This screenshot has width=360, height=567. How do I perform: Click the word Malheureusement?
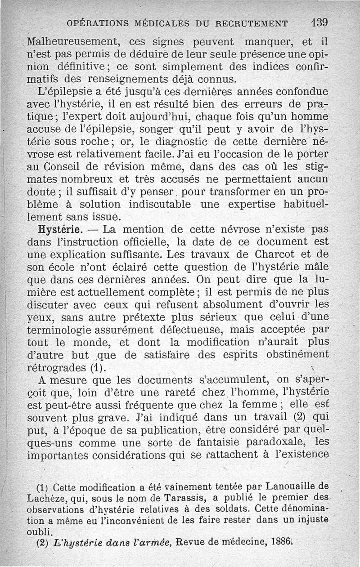[72, 43]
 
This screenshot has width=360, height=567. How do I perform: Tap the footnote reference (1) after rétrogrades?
[97, 367]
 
